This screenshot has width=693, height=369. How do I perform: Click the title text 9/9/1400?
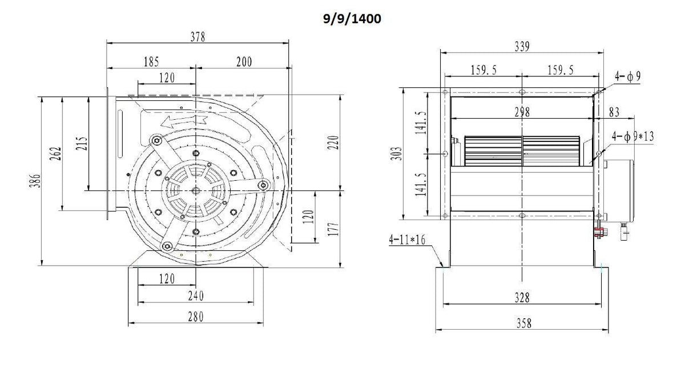coord(350,19)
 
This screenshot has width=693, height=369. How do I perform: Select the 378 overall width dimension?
coord(198,37)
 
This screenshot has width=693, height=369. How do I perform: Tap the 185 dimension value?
coord(151,61)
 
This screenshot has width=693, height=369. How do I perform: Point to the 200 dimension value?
coord(244,61)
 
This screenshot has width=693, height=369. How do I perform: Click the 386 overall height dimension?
coord(35,183)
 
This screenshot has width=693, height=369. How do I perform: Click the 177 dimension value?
coord(334,228)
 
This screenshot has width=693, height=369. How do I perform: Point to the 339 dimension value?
coord(521,47)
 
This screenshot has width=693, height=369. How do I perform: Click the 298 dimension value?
coord(521,112)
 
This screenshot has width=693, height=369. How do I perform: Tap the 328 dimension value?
coord(521,298)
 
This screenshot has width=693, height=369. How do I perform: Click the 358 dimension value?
coord(521,323)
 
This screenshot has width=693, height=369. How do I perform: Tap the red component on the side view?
coord(599,232)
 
